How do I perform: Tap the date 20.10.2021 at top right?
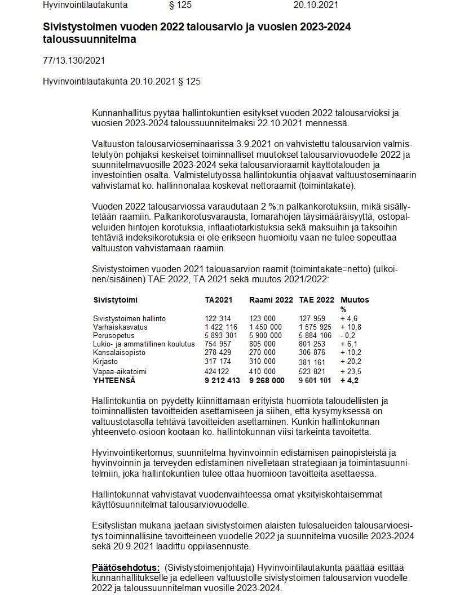tap(316, 5)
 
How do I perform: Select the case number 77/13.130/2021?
tap(74, 60)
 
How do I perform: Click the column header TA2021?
tap(219, 300)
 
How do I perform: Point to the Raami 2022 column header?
tap(271, 300)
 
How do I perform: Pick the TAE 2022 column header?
tap(317, 300)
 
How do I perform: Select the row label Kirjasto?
tap(106, 361)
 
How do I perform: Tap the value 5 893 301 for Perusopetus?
tap(222, 335)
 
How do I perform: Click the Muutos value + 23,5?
tap(351, 371)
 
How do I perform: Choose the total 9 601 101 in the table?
tap(316, 380)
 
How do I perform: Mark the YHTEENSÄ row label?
tap(116, 380)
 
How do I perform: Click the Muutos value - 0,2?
tap(350, 335)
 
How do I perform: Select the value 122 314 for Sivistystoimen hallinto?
tap(218, 318)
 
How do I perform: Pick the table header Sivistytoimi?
tap(116, 300)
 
